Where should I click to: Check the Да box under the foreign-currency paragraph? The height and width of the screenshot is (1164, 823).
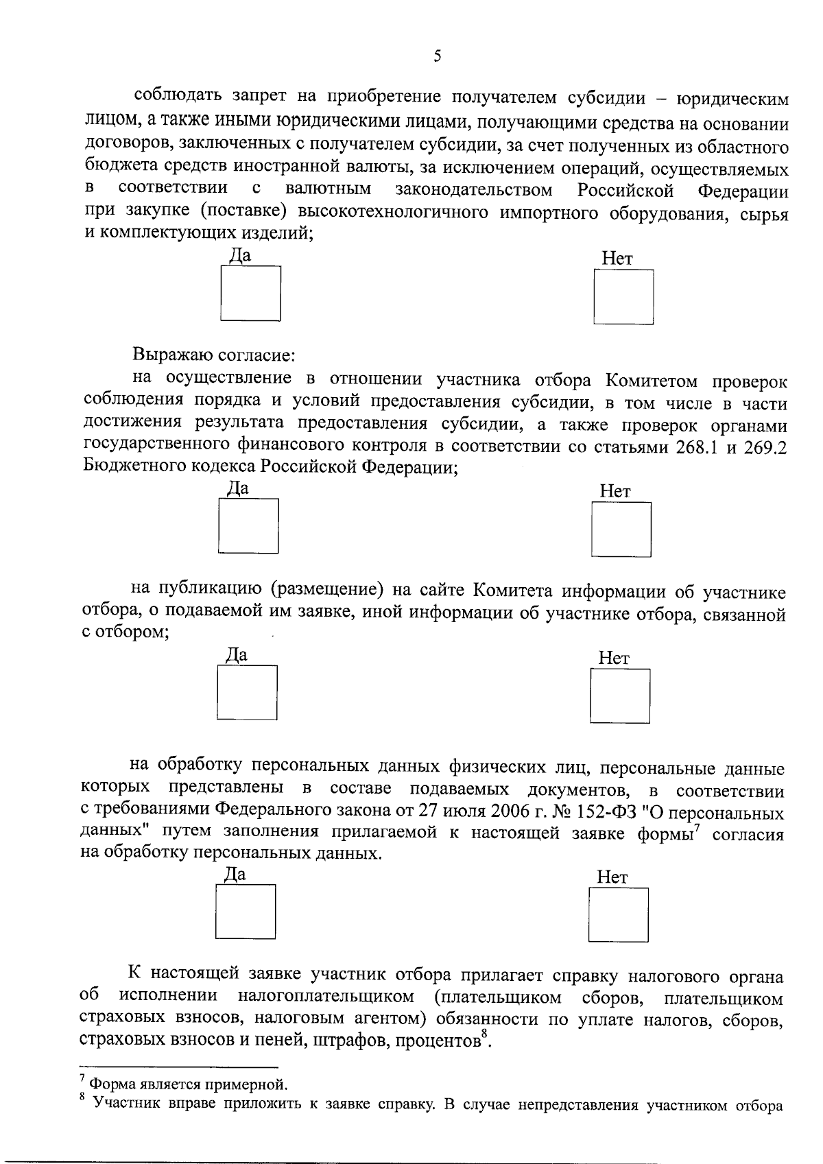click(x=250, y=293)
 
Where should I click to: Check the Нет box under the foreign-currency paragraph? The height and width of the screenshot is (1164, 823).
click(x=623, y=296)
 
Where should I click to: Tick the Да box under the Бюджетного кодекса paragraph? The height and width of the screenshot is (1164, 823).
click(x=248, y=525)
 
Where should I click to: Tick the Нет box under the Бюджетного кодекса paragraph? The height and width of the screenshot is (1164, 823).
click(x=621, y=529)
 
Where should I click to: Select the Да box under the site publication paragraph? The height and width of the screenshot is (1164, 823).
click(x=247, y=692)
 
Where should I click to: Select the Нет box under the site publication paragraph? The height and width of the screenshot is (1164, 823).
click(x=619, y=696)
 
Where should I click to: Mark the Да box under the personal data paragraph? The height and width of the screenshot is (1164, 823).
click(x=245, y=911)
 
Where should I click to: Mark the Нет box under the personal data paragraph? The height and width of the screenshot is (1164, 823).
click(x=618, y=914)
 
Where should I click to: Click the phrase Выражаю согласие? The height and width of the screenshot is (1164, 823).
click(x=214, y=356)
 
